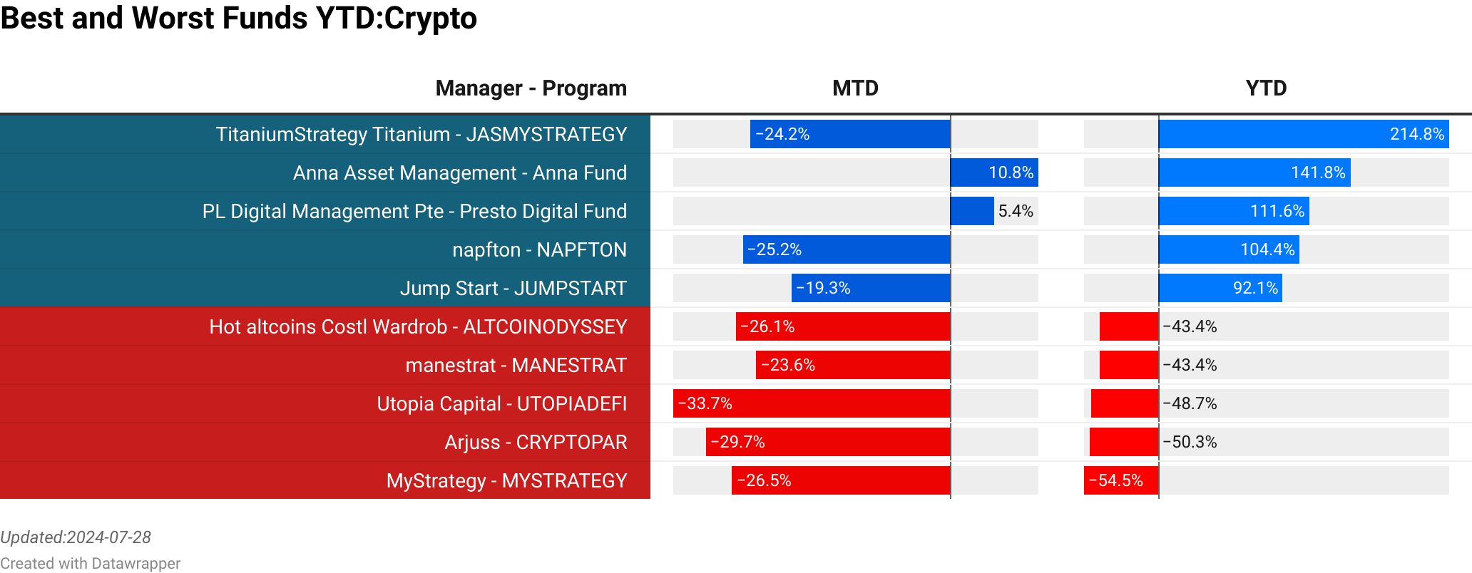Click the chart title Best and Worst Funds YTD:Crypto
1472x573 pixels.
pyautogui.click(x=238, y=19)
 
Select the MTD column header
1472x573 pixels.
pyautogui.click(x=855, y=88)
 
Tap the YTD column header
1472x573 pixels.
pyautogui.click(x=1266, y=88)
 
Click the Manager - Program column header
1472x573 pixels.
pyautogui.click(x=531, y=88)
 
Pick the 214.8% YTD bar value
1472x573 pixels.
pyautogui.click(x=1416, y=134)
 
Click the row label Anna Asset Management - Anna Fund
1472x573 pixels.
pyautogui.click(x=459, y=173)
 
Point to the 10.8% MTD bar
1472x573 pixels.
pyautogui.click(x=994, y=172)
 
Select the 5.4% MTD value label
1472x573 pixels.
pyautogui.click(x=1016, y=211)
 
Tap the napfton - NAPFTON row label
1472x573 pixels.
pyautogui.click(x=539, y=250)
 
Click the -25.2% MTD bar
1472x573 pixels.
pyautogui.click(x=847, y=249)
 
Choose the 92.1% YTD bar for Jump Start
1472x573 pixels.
pyautogui.click(x=1220, y=288)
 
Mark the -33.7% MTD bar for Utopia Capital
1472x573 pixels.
pyautogui.click(x=812, y=403)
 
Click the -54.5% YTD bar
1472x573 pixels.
pyautogui.click(x=1121, y=480)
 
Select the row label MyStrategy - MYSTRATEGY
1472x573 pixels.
pyautogui.click(x=506, y=481)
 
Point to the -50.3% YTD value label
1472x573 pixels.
pyautogui.click(x=1190, y=442)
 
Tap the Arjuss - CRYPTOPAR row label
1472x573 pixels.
pyautogui.click(x=536, y=443)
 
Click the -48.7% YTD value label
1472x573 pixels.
pyautogui.click(x=1190, y=403)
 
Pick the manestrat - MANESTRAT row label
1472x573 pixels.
pyautogui.click(x=516, y=366)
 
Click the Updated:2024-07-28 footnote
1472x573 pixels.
pyautogui.click(x=76, y=537)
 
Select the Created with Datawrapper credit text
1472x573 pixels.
pyautogui.click(x=90, y=564)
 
